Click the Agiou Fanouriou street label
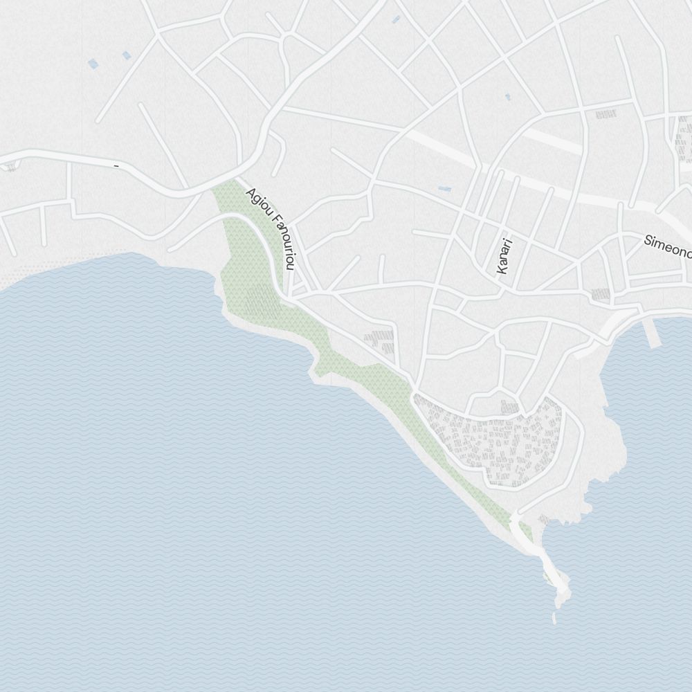(x=271, y=228)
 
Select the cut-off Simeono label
(x=667, y=246)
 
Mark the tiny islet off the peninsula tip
(x=555, y=617)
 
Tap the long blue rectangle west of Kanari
(x=444, y=188)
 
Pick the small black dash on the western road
(x=116, y=166)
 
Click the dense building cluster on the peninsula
(x=491, y=443)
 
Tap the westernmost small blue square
(x=93, y=64)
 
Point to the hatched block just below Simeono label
(x=601, y=294)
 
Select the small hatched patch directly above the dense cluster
(x=510, y=407)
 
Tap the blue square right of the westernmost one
(x=126, y=55)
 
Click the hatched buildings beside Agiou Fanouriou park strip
(x=379, y=338)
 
